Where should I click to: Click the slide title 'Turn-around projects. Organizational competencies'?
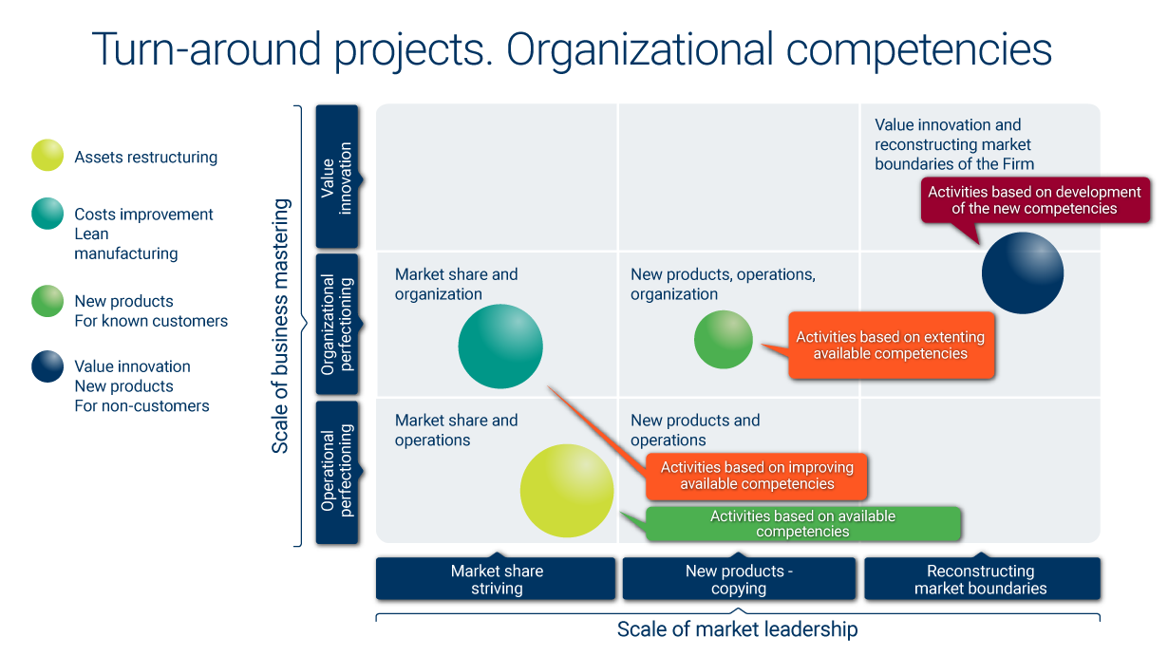pyautogui.click(x=571, y=49)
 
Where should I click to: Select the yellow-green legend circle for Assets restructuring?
pyautogui.click(x=47, y=156)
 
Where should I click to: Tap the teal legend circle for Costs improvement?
pyautogui.click(x=47, y=214)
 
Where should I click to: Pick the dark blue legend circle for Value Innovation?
pyautogui.click(x=47, y=366)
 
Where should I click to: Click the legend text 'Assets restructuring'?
pyautogui.click(x=146, y=158)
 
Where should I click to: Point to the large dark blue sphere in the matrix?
pyautogui.click(x=1022, y=273)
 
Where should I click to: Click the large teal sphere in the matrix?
pyautogui.click(x=499, y=347)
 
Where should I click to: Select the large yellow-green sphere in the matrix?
pyautogui.click(x=566, y=490)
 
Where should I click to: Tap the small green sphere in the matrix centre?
pyautogui.click(x=723, y=339)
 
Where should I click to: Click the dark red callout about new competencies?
pyautogui.click(x=1034, y=200)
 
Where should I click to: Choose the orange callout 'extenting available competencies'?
pyautogui.click(x=890, y=346)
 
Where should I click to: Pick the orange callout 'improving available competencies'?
pyautogui.click(x=757, y=476)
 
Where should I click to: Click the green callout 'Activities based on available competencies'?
pyautogui.click(x=802, y=524)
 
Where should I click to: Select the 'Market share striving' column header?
pyautogui.click(x=496, y=579)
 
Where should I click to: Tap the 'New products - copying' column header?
pyautogui.click(x=739, y=579)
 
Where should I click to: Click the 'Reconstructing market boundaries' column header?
pyautogui.click(x=981, y=579)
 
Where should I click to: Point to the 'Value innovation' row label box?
pyautogui.click(x=336, y=177)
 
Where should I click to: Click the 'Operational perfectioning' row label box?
pyautogui.click(x=336, y=472)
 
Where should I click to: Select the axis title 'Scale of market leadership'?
pyautogui.click(x=737, y=629)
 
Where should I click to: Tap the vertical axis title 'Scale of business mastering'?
pyautogui.click(x=281, y=326)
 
